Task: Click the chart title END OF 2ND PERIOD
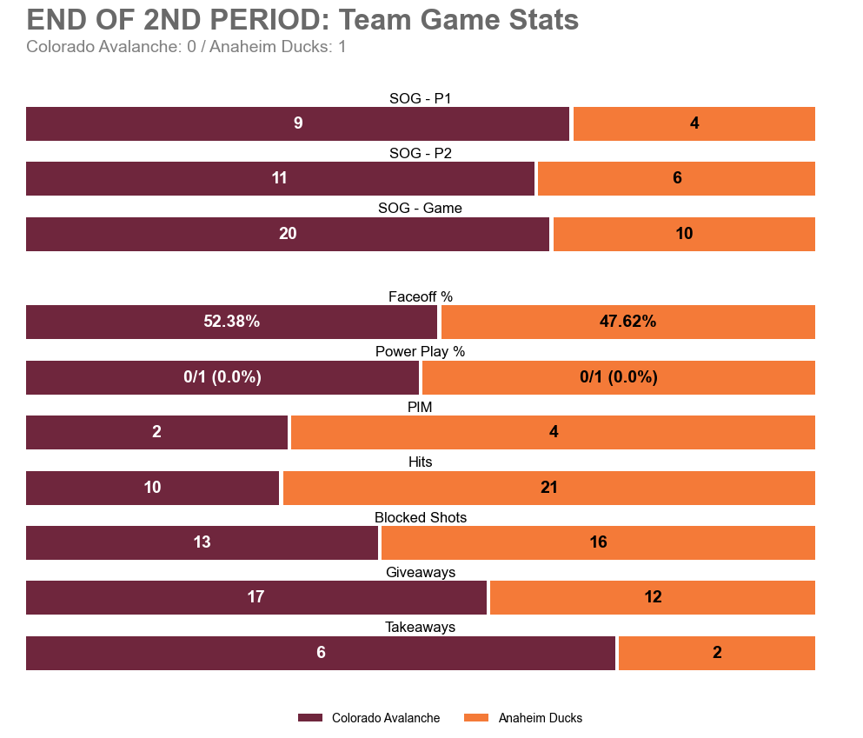coord(302,20)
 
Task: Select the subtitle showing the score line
coord(186,47)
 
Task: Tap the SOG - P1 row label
coord(420,98)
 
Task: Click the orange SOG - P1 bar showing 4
coord(694,123)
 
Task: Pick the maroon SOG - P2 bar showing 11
coord(280,178)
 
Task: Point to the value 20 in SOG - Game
coord(288,234)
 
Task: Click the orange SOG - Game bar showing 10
coord(684,234)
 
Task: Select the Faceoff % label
coord(420,296)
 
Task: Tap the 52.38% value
coord(231,322)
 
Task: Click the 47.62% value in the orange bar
coord(627,322)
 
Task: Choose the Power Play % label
coord(420,351)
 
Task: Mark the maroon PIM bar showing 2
coord(156,432)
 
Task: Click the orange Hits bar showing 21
coord(548,488)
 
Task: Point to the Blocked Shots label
coord(420,517)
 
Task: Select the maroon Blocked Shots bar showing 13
coord(202,542)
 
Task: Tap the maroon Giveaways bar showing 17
coord(256,597)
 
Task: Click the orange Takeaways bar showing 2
coord(716,653)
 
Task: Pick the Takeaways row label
coord(420,627)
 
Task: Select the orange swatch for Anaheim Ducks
coord(477,718)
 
